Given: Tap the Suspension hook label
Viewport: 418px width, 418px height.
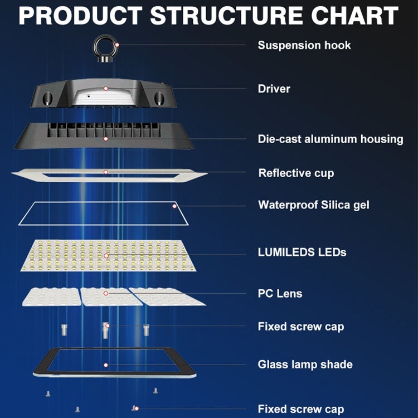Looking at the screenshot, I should pos(304,45).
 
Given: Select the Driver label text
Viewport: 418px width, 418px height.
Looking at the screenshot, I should pos(274,89).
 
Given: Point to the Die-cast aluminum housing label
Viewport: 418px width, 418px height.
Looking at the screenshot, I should pos(330,139).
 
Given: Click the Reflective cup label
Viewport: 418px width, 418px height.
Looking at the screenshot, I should pos(296,173).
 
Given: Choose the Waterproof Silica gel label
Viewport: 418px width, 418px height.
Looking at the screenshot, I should pos(313,205).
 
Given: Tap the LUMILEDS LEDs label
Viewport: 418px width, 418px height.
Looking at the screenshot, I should pos(302,252).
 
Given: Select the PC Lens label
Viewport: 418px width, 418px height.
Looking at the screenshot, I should pos(280,293).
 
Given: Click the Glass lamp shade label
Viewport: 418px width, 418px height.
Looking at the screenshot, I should pos(305,364).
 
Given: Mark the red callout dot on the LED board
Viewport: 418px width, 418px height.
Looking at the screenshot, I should pos(106,256).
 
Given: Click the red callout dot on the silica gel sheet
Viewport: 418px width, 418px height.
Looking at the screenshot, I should pos(174,206).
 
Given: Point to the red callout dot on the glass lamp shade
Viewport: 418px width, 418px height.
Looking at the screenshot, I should pos(106,364).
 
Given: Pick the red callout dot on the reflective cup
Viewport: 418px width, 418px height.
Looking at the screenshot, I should pos(106,172).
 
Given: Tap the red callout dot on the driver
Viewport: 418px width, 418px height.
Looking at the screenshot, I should pos(105,88).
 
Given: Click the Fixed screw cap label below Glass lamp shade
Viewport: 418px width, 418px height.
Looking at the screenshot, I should pos(300,409).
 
